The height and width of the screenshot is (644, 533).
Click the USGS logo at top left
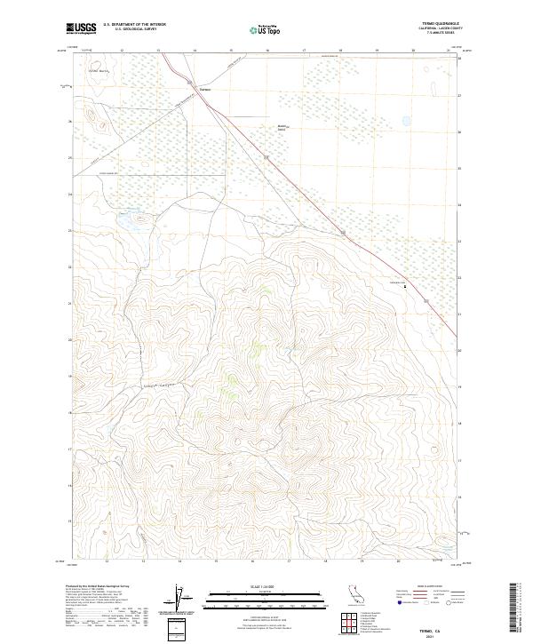83,28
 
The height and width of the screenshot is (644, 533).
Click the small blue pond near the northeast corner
407,120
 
